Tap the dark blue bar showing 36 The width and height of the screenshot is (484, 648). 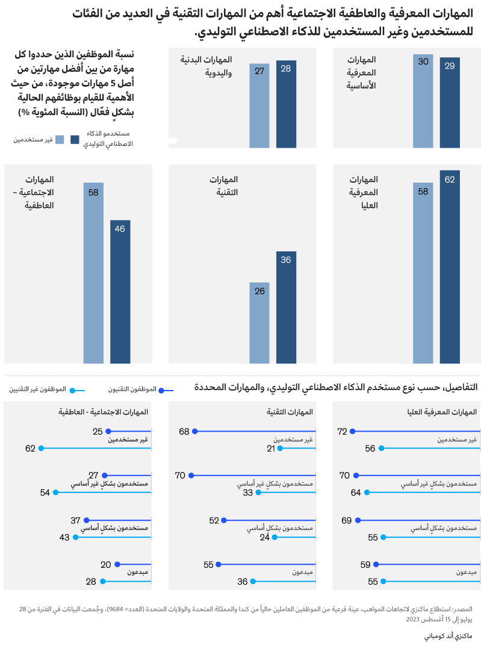(x=287, y=307)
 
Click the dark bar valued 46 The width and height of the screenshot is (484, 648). (x=120, y=292)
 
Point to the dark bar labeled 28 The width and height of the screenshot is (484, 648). (x=287, y=104)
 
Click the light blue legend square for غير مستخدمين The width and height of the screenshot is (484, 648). (x=60, y=140)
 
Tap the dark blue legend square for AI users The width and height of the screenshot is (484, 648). (x=75, y=140)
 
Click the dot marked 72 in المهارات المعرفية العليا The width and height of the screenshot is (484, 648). (x=353, y=432)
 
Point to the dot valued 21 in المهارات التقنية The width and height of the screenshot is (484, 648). (x=280, y=448)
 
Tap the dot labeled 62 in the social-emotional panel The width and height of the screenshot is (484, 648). (x=42, y=448)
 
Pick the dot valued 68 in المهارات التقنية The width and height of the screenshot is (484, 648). (x=194, y=432)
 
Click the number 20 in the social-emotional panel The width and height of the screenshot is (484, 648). (x=106, y=565)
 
